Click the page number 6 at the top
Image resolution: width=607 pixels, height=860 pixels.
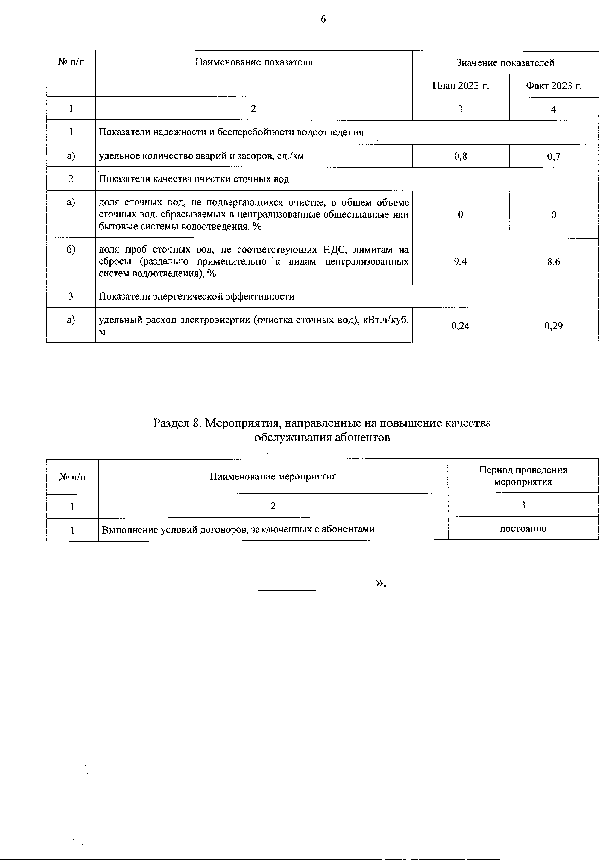pos(323,19)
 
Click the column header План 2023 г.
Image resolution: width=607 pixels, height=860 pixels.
pos(460,85)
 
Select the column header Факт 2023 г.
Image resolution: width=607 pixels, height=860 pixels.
pos(553,85)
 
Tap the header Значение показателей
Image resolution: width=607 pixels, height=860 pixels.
pos(505,63)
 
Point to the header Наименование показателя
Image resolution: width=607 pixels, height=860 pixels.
pos(253,62)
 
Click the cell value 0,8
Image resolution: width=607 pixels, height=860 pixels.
pos(460,156)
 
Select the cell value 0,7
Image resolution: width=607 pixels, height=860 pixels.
pos(553,156)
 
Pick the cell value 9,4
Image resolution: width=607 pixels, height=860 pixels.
pos(460,262)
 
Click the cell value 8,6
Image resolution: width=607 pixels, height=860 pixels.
pos(553,262)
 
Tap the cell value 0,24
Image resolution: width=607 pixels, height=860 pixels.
pos(460,326)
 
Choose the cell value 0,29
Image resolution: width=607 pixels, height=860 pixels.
pos(553,326)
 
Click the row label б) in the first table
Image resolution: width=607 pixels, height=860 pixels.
pos(71,250)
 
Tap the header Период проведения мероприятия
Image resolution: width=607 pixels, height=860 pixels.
pos(523,476)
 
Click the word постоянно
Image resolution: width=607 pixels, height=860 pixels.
pos(523,529)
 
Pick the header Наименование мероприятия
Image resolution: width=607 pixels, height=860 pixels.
pos(273,476)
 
